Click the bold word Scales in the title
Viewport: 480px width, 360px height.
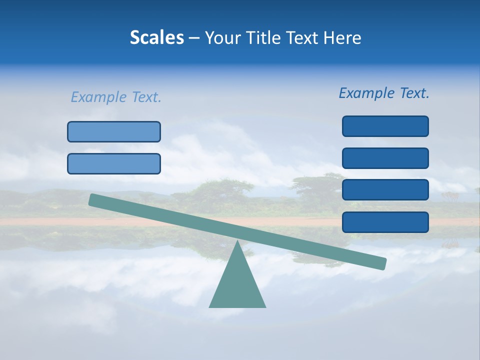coord(156,38)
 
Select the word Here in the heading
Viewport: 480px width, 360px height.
coord(342,38)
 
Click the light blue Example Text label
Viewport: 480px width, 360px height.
coord(116,97)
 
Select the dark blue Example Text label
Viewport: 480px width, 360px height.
coord(384,93)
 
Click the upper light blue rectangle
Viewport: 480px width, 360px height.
coord(114,131)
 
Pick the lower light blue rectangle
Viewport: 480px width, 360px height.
coord(114,163)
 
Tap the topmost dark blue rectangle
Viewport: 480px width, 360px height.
coord(385,126)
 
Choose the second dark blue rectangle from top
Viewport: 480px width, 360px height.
coord(385,158)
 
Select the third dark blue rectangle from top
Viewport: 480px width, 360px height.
coord(385,190)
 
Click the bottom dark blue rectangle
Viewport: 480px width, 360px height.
coord(385,222)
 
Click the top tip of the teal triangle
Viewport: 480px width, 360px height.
coord(237,242)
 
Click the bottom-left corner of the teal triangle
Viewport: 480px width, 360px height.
coord(210,306)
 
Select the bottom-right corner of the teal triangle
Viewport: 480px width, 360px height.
coord(265,306)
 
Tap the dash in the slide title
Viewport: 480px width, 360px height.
coord(194,38)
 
